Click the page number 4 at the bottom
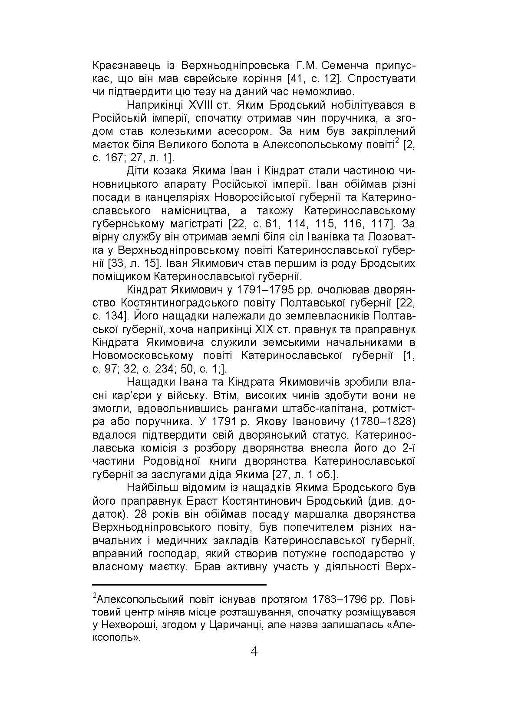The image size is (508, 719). (x=254, y=652)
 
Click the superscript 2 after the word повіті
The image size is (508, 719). (x=397, y=141)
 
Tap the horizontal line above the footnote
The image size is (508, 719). (x=179, y=585)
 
